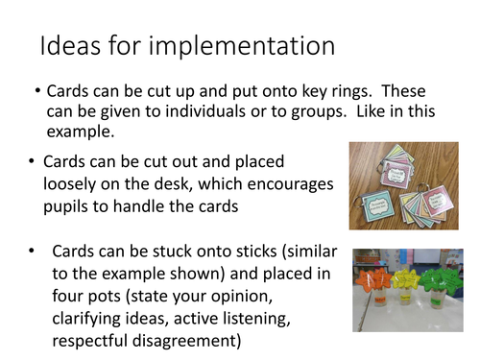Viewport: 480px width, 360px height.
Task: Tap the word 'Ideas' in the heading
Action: (69, 46)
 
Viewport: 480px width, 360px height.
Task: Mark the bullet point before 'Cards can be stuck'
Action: (32, 252)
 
